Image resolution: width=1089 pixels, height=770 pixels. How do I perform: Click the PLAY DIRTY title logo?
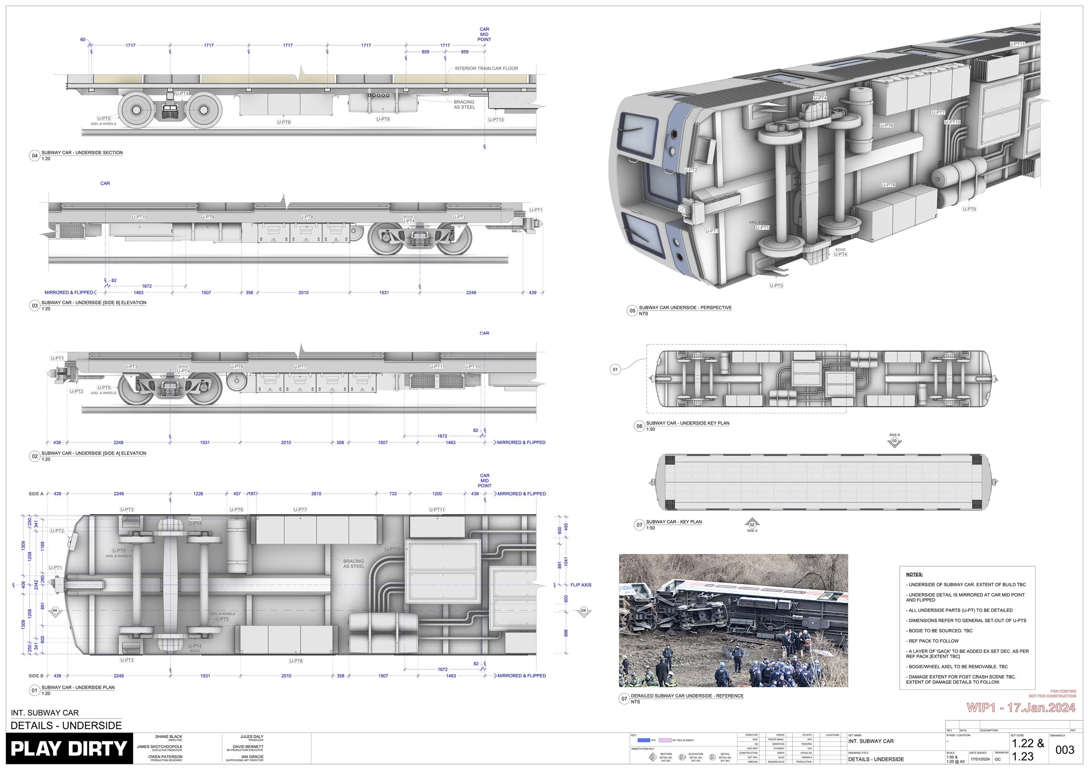(69, 749)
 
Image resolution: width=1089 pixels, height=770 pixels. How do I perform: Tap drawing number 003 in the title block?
(1064, 750)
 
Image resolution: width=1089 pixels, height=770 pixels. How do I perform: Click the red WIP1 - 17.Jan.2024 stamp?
(1021, 708)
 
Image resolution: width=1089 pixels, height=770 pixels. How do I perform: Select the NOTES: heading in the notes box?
(914, 574)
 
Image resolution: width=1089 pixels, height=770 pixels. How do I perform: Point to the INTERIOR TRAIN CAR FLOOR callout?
(486, 68)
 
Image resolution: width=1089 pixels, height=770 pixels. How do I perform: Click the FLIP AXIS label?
(581, 584)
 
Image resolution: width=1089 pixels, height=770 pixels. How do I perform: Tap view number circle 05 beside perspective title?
(632, 311)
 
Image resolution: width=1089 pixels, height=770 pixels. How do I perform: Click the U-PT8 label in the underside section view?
(284, 122)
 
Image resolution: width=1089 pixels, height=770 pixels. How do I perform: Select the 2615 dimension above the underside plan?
(316, 493)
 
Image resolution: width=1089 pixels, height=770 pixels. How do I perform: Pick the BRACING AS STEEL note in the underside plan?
(354, 563)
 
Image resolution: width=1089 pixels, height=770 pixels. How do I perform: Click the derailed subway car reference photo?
(733, 620)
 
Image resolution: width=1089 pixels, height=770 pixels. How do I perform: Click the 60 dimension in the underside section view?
(82, 39)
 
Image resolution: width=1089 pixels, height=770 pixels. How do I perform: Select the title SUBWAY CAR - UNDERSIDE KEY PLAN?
(687, 423)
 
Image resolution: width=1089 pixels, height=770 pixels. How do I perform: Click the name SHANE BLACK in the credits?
(169, 737)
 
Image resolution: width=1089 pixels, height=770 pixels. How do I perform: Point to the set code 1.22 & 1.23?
(1027, 750)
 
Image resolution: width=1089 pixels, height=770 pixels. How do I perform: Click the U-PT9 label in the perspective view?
(969, 209)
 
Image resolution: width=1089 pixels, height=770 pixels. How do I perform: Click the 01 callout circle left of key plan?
(615, 369)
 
